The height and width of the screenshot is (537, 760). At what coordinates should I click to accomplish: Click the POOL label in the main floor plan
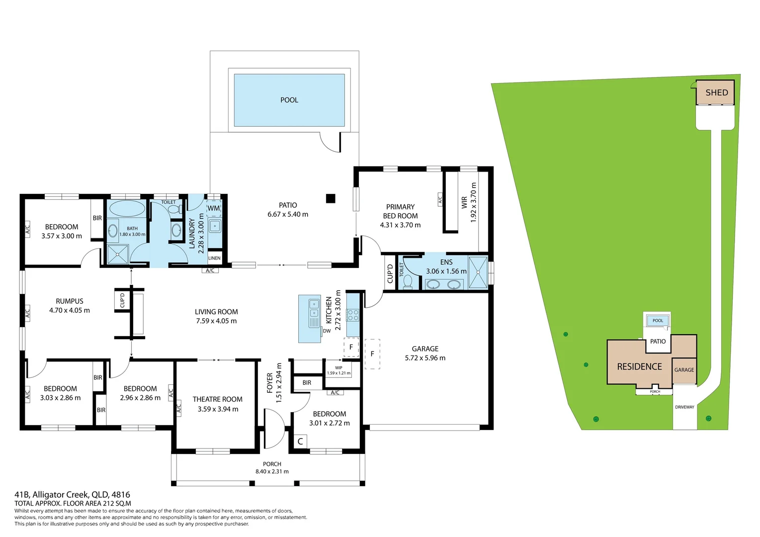point(289,100)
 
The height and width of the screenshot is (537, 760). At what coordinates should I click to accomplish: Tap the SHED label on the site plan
point(716,92)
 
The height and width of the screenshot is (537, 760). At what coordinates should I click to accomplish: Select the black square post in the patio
point(331,198)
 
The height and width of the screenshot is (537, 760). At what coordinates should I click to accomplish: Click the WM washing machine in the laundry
point(214,208)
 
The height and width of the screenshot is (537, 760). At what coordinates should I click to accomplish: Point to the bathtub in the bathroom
point(126,208)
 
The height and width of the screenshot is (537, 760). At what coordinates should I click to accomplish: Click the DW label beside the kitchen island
point(327,331)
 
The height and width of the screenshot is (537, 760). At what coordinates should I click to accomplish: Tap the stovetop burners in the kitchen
point(353,315)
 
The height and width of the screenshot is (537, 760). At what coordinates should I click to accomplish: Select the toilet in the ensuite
point(408,281)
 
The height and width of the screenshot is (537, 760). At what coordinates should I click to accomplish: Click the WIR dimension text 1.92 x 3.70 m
point(473,202)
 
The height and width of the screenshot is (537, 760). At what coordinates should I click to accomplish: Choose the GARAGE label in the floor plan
point(425,349)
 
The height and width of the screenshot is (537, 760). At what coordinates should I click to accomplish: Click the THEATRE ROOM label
point(218,399)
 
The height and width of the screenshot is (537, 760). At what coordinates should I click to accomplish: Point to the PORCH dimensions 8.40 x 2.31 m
point(272,471)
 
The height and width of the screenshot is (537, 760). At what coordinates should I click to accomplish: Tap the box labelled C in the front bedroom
point(300,441)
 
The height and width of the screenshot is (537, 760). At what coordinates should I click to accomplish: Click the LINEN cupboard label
point(214,258)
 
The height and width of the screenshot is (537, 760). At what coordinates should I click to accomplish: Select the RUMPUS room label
point(70,301)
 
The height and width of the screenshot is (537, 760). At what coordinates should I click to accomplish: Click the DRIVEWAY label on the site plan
point(684,407)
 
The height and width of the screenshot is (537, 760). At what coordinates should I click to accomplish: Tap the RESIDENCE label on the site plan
point(639,366)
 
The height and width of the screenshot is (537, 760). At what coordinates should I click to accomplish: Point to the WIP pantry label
point(338,368)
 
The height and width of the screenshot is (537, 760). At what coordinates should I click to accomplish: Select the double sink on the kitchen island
point(314,308)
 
